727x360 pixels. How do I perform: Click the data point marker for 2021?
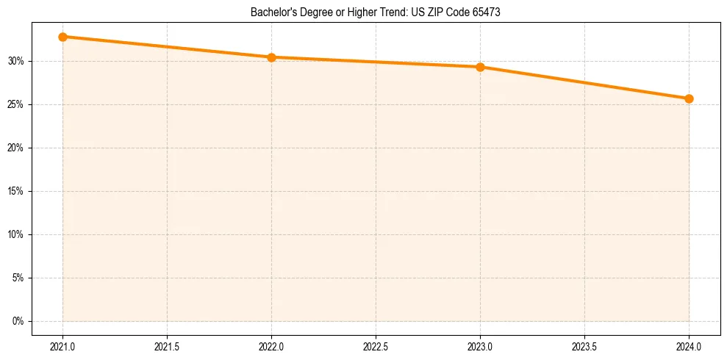tap(63, 37)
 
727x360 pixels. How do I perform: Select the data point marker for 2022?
tap(272, 57)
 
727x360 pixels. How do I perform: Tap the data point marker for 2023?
tap(480, 67)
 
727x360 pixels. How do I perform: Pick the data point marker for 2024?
tap(689, 98)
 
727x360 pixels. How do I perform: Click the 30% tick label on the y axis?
tap(16, 61)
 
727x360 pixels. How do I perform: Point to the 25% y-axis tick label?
tap(16, 104)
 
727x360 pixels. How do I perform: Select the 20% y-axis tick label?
tap(16, 148)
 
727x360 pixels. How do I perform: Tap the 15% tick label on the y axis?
tap(16, 191)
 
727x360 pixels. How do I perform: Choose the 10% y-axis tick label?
tap(16, 234)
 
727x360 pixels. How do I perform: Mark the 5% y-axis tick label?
tap(18, 278)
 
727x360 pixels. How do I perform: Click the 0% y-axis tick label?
tap(18, 321)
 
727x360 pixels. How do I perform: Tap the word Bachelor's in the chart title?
tap(272, 12)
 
